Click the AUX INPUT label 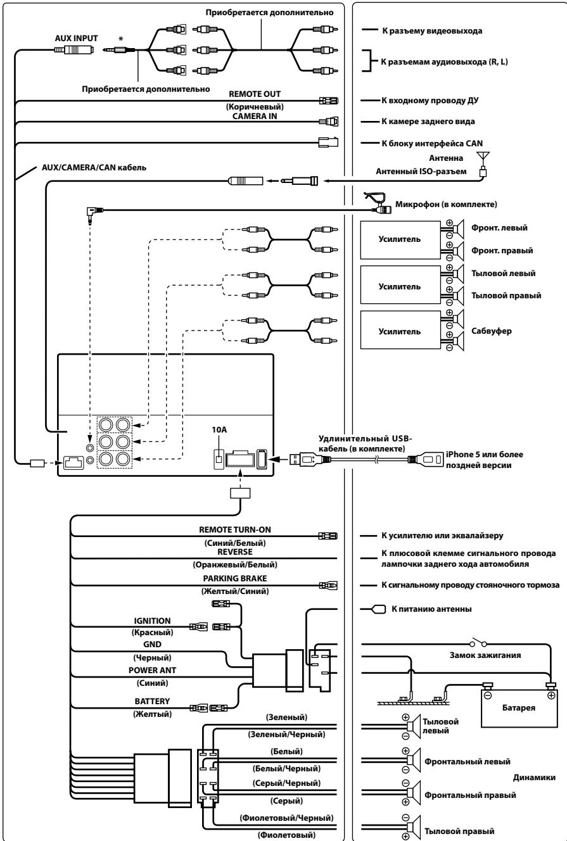[76, 38]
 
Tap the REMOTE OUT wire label [255, 94]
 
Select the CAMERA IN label [255, 116]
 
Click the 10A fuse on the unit [219, 458]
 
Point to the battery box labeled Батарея [519, 707]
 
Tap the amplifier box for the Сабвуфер [400, 331]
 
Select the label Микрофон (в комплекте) [446, 205]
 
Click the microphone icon [378, 203]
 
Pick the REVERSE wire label [235, 552]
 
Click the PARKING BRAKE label [235, 578]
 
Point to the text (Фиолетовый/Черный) [286, 818]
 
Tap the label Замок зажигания [485, 655]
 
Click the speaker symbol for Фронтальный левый [414, 760]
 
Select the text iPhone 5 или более [485, 454]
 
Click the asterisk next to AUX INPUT [120, 39]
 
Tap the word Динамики [534, 777]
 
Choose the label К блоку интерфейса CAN [432, 143]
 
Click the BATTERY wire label [152, 701]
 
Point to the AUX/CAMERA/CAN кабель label [94, 167]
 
